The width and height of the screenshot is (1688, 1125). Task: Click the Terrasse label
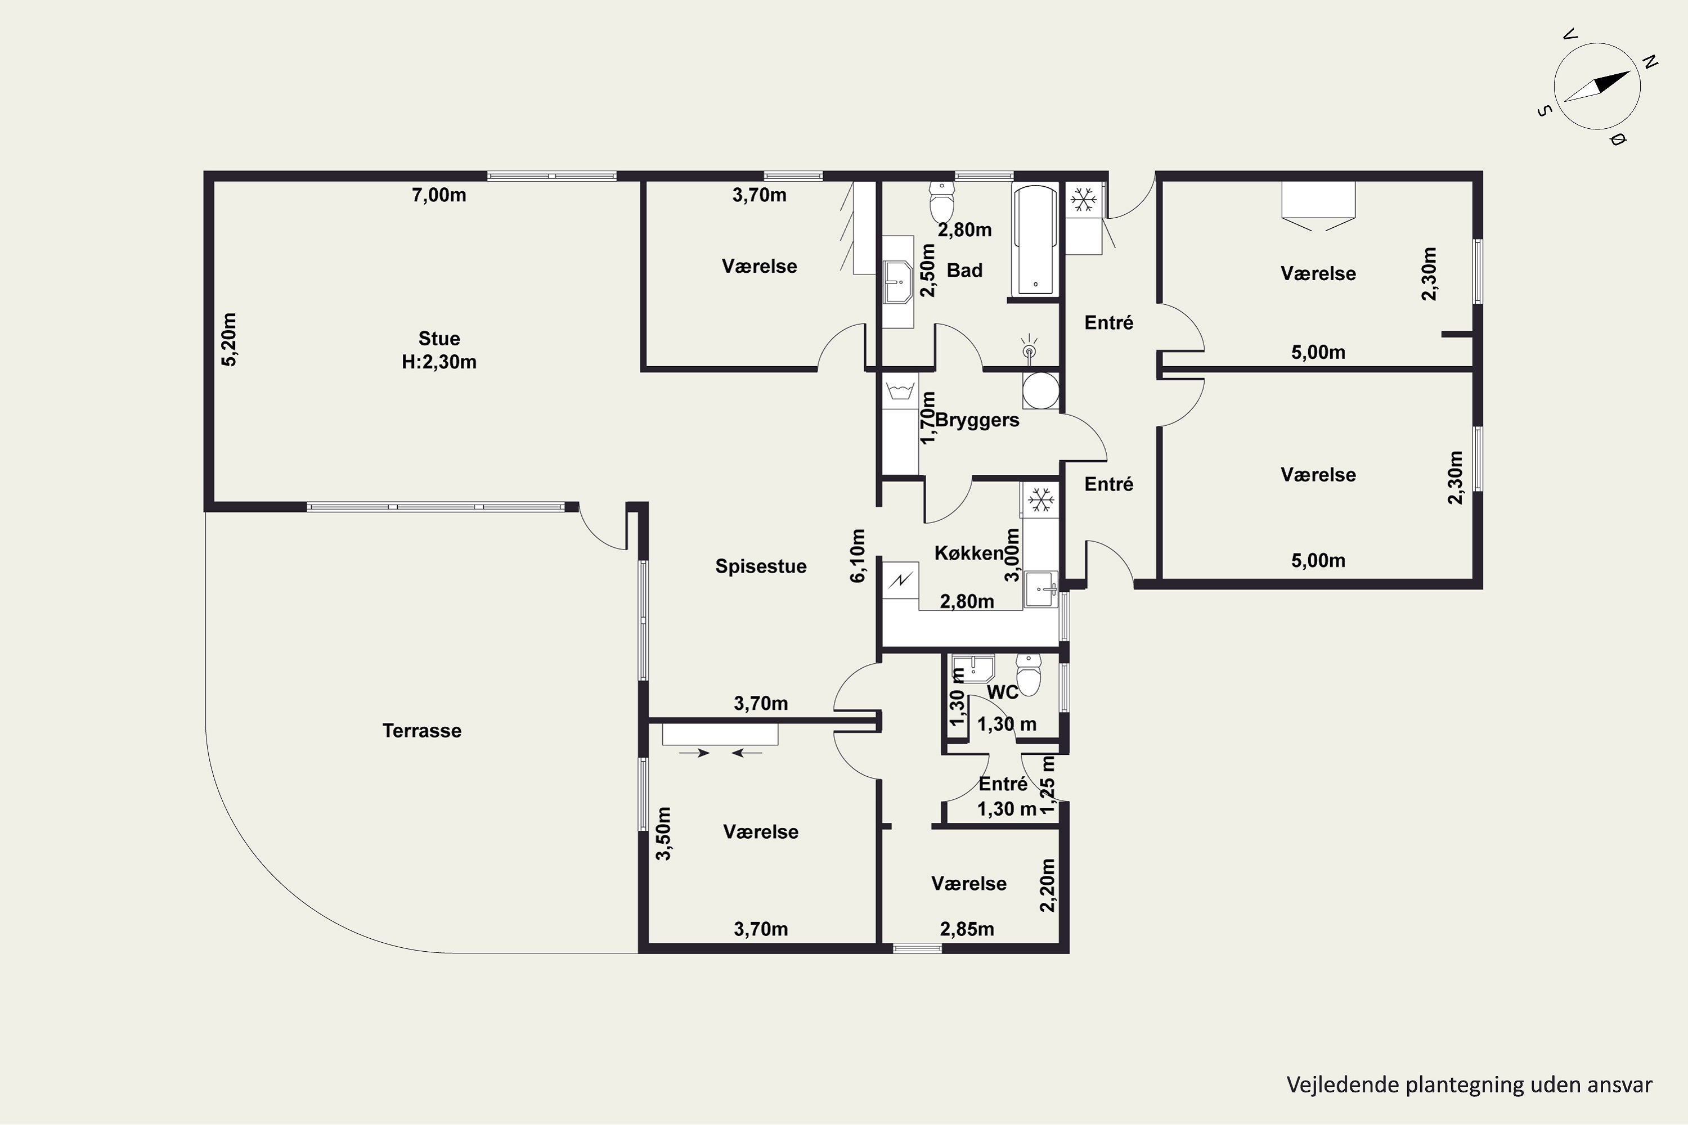(422, 730)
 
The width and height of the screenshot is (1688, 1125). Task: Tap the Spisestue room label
(761, 566)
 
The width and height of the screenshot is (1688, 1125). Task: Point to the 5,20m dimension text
(229, 339)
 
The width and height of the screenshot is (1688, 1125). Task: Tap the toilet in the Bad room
(941, 201)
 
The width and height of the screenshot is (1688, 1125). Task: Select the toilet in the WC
(1029, 674)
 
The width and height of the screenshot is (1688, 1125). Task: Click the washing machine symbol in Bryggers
(900, 391)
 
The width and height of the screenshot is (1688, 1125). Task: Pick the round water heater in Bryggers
(1040, 390)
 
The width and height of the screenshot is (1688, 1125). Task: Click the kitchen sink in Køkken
(1040, 589)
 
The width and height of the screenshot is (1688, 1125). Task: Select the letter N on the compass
(1650, 62)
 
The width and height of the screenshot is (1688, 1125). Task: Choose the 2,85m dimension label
(967, 929)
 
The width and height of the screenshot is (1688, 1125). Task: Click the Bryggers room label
(977, 420)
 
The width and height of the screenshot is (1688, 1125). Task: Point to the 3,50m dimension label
(664, 834)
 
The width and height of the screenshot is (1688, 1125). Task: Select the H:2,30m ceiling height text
(439, 362)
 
